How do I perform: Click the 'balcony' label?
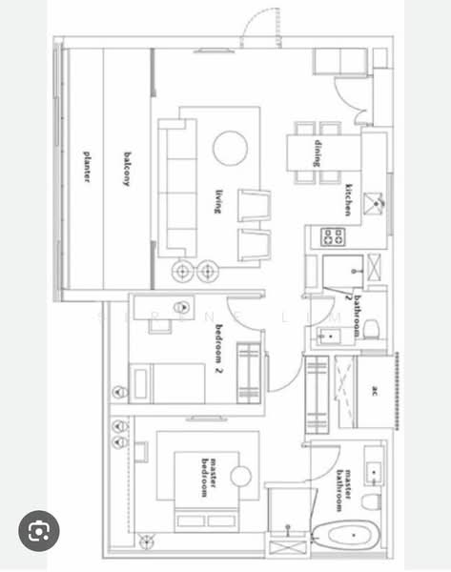tap(126, 167)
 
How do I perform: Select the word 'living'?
tap(218, 201)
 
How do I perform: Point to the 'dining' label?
tap(318, 152)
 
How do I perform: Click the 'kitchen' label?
tap(351, 199)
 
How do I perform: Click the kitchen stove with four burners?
tap(334, 235)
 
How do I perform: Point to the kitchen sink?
tap(378, 201)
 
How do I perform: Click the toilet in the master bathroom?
tap(373, 500)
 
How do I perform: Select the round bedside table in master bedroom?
tap(240, 476)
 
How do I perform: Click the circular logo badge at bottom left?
tap(38, 531)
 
